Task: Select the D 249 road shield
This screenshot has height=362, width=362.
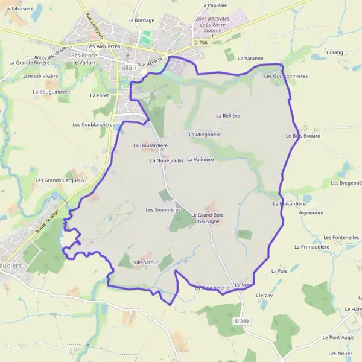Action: tap(241, 321)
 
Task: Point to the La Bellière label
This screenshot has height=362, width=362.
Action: tap(227, 115)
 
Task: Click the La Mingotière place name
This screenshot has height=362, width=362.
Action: tap(205, 135)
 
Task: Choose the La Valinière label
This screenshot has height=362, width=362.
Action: tap(200, 160)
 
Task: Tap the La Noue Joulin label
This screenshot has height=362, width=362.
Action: tap(167, 160)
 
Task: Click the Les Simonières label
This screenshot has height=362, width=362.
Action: tap(163, 209)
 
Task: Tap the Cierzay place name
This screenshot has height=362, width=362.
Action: tap(264, 296)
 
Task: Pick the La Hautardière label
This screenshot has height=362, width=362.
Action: tap(150, 145)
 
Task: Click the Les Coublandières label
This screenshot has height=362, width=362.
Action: tap(94, 125)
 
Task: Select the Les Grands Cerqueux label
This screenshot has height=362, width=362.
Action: tap(60, 180)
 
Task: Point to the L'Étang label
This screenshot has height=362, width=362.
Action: tap(334, 52)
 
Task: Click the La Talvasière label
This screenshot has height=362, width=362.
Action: tap(19, 9)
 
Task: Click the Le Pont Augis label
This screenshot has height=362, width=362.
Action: tap(339, 337)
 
